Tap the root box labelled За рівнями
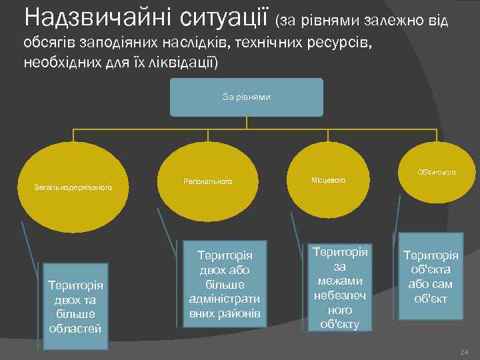[x=246, y=97]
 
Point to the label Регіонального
[x=207, y=181]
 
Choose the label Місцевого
[x=328, y=181]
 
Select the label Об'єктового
[x=436, y=172]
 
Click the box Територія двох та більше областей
[x=75, y=306]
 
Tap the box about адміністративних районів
[x=225, y=283]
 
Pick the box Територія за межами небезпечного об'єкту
[x=340, y=287]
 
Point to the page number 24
[x=465, y=352]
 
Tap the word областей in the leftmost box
[x=75, y=328]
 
